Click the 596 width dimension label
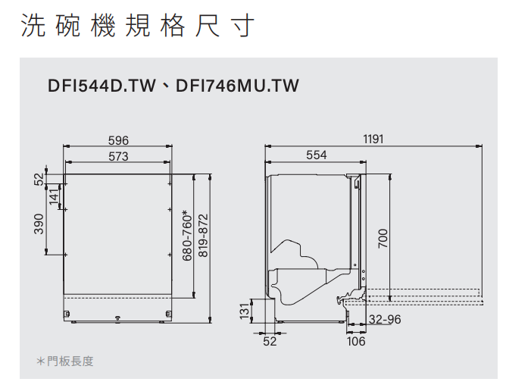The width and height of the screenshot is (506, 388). pyautogui.click(x=118, y=141)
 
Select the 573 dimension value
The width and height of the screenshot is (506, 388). pyautogui.click(x=118, y=156)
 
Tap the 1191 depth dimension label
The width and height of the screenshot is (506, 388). pyautogui.click(x=373, y=139)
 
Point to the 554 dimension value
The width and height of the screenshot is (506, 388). pyautogui.click(x=317, y=155)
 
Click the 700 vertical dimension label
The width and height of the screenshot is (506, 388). pyautogui.click(x=383, y=239)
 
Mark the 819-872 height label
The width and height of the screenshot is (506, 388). pyautogui.click(x=202, y=236)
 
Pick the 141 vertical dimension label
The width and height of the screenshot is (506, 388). pyautogui.click(x=54, y=196)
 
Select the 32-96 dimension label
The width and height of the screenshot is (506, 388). pyautogui.click(x=385, y=320)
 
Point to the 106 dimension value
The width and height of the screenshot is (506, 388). pyautogui.click(x=356, y=342)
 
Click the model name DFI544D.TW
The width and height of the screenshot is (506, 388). pyautogui.click(x=100, y=86)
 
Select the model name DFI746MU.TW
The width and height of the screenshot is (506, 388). pyautogui.click(x=237, y=86)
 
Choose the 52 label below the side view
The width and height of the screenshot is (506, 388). pyautogui.click(x=270, y=342)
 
